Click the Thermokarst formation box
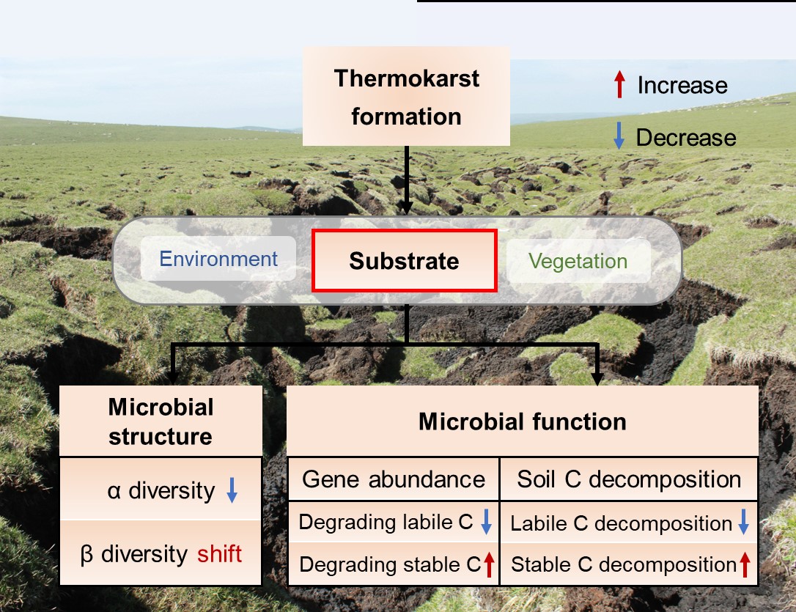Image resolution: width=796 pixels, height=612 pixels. coord(406,97)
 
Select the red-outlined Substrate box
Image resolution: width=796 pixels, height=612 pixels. coord(405,260)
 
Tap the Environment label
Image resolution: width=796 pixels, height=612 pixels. coord(218,259)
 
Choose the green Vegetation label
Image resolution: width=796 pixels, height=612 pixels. coord(578,262)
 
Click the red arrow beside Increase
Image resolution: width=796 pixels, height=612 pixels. coord(619,85)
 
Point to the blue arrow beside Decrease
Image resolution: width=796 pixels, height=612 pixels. coord(619,137)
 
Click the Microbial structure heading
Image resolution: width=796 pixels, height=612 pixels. coord(161,421)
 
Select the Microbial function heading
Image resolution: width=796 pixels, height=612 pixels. coord(522,421)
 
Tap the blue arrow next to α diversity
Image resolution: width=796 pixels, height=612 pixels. coord(232,490)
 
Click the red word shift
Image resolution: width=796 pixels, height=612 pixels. coord(219,553)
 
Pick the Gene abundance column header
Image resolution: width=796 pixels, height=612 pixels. coord(394,479)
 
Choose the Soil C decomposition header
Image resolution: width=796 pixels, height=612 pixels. coord(629,479)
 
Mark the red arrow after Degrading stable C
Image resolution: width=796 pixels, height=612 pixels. coord(489,564)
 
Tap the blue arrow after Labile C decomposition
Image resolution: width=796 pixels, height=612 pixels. coord(743,523)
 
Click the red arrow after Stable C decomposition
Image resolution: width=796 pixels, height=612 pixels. coord(745,564)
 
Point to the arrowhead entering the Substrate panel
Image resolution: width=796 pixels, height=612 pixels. coord(405,209)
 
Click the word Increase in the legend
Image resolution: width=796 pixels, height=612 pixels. coord(682,85)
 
